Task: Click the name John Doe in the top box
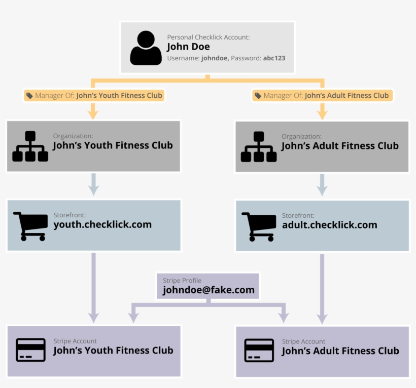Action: click(x=188, y=47)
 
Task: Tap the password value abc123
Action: click(x=274, y=58)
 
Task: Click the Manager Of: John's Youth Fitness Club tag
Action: click(x=94, y=95)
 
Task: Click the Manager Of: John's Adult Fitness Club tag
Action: click(x=322, y=95)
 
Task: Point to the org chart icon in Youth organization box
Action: click(x=30, y=146)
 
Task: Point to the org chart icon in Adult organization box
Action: click(x=259, y=146)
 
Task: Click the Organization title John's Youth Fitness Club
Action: click(x=113, y=146)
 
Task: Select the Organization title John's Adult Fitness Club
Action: click(x=340, y=146)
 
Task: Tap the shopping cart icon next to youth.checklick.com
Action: click(x=30, y=226)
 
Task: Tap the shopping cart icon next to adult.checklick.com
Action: click(x=259, y=226)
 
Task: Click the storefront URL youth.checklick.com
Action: click(x=102, y=225)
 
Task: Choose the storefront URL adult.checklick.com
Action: click(x=330, y=225)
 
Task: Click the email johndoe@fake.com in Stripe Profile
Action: click(x=208, y=290)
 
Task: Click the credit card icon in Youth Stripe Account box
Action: click(x=30, y=350)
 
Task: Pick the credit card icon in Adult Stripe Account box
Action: click(x=259, y=351)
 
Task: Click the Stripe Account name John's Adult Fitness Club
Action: click(x=340, y=351)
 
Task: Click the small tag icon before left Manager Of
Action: click(x=29, y=95)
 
